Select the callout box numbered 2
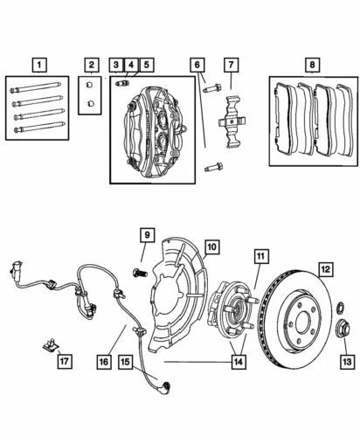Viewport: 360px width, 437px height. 90,65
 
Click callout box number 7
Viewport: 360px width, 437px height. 231,65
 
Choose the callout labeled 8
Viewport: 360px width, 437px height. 312,65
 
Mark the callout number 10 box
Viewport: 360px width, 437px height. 211,247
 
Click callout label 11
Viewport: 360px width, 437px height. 260,256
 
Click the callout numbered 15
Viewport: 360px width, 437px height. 125,361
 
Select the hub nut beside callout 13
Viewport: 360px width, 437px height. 343,329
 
